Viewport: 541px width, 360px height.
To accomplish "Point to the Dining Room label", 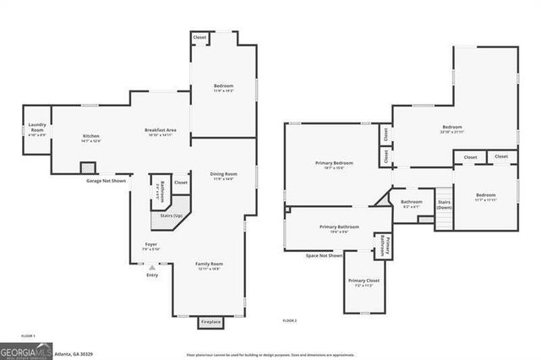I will pyautogui.click(x=223, y=176).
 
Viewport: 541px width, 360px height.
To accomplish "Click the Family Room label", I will pyautogui.click(x=209, y=265).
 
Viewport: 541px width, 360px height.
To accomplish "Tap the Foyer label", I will pyautogui.click(x=150, y=247).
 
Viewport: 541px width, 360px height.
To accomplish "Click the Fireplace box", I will pyautogui.click(x=210, y=322).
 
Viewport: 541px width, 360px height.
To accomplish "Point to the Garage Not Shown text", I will pyautogui.click(x=106, y=180).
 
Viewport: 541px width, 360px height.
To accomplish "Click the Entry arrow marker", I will pyautogui.click(x=152, y=267).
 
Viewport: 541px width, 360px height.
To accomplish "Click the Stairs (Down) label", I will pyautogui.click(x=444, y=205).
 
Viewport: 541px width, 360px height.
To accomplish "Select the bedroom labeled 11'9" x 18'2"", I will pyautogui.click(x=223, y=89).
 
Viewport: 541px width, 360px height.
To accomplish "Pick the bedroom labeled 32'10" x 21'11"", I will pyautogui.click(x=451, y=129).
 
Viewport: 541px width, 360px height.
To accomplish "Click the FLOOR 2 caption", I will pyautogui.click(x=290, y=321).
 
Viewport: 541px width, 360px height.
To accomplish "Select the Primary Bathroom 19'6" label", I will pyautogui.click(x=339, y=229).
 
